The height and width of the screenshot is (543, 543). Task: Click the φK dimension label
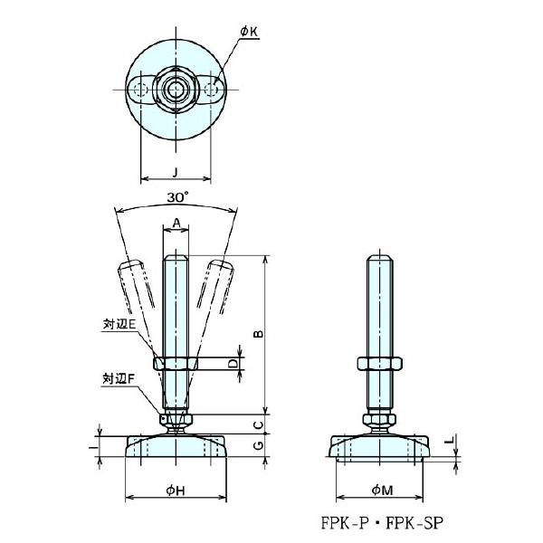coord(250,33)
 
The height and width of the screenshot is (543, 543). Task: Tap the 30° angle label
coord(177,196)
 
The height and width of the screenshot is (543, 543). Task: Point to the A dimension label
coord(176,220)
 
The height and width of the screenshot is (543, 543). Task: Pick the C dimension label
coord(257,423)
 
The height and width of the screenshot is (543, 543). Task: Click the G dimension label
coord(257,446)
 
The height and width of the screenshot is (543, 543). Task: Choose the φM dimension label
coord(380,490)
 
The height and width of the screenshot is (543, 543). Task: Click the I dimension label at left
coord(95,447)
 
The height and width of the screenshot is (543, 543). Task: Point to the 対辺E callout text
coord(119,323)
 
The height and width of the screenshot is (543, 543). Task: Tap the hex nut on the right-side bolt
coord(380,363)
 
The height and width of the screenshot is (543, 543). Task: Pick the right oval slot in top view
coord(212,89)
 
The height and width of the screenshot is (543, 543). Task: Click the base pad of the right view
coord(380,447)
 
